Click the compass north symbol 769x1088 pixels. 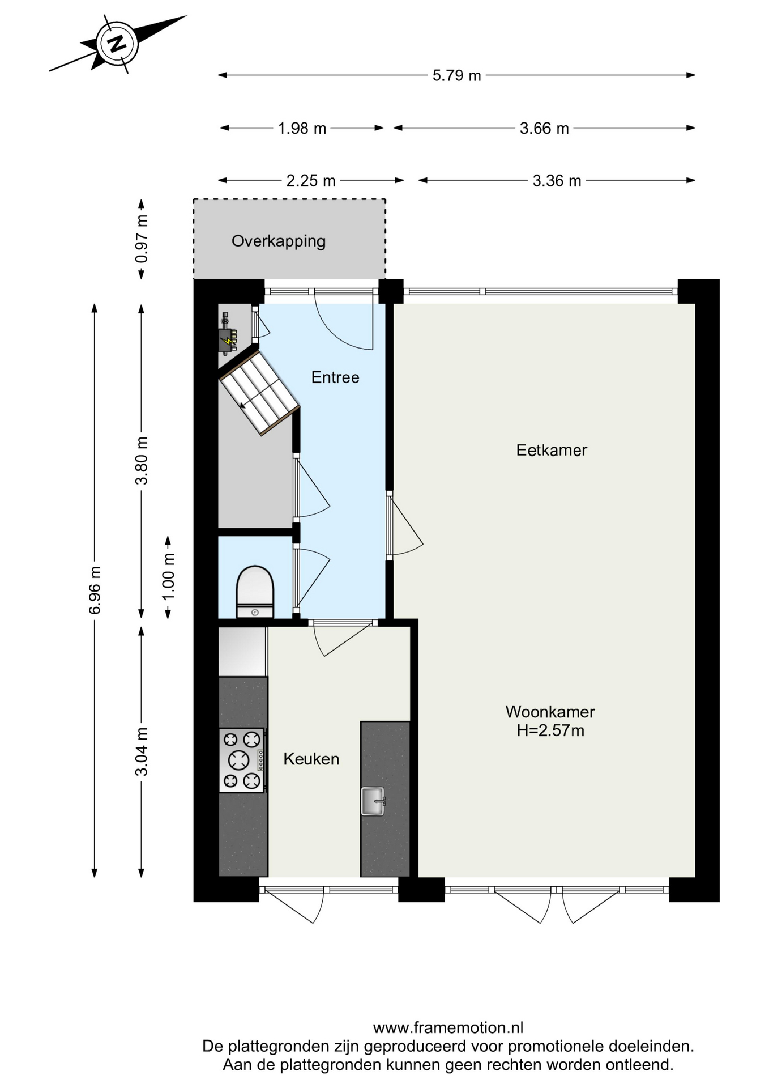coord(117,44)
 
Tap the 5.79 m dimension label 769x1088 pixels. coord(456,75)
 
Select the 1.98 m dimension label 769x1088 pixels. coord(302,129)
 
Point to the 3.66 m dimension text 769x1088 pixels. coord(544,129)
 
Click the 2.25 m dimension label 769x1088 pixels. coord(311,181)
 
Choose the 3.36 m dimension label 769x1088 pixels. coord(557,181)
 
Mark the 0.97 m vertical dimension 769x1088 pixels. coord(142,239)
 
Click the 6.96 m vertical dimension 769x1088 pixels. coord(95,590)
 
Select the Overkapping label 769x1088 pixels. coord(279,241)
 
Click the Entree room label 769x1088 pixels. coord(335,377)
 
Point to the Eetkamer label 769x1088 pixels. coord(552,450)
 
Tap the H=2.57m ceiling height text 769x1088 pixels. coord(550,730)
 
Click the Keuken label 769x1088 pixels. coord(311,759)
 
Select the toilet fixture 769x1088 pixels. coord(255,592)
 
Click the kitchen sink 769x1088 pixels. coord(373,801)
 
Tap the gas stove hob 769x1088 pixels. coord(242,760)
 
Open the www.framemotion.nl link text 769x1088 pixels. coord(448,1027)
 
